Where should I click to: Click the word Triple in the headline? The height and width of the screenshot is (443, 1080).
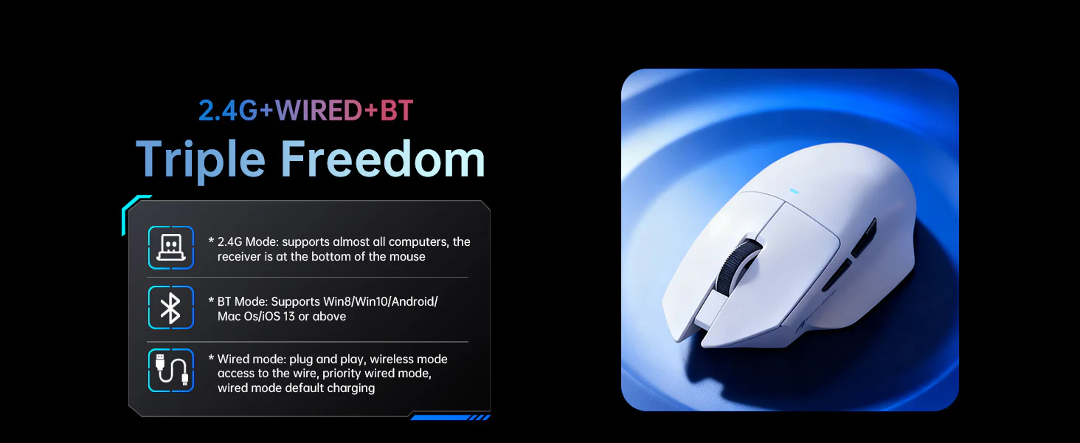point(201,159)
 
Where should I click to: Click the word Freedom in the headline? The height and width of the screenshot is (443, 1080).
point(383,158)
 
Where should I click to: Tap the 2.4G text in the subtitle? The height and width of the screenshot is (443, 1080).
point(227,111)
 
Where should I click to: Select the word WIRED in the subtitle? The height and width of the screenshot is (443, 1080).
point(318,111)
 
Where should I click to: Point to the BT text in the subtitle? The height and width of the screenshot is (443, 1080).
point(396,111)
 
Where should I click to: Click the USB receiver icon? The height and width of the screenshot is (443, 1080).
point(170,247)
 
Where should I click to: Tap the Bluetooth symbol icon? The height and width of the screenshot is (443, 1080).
point(170,307)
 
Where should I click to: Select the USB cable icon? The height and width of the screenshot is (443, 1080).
point(170,370)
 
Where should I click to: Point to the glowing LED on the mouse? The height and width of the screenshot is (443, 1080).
point(794,191)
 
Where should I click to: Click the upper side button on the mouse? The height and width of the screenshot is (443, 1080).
point(864,238)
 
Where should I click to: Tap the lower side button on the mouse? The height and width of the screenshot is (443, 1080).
point(837,275)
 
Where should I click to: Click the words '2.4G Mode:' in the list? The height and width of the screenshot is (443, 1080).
point(248,241)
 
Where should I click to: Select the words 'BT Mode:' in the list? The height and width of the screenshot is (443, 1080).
point(243,301)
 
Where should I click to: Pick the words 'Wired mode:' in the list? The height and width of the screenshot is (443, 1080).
point(252,359)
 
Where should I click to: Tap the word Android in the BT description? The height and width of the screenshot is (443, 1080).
point(413,301)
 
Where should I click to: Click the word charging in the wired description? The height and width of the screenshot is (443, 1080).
point(351,388)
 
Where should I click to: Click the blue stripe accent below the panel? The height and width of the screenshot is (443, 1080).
point(450,417)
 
